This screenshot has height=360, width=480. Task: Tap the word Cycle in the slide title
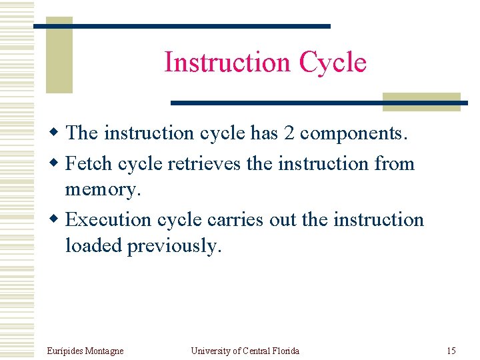pyautogui.click(x=333, y=62)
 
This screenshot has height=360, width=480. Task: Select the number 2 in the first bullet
pyautogui.click(x=289, y=133)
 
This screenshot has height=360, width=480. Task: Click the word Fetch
pyautogui.click(x=90, y=163)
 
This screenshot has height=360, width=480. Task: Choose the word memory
pyautogui.click(x=103, y=189)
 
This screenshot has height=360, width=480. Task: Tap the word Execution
pyautogui.click(x=109, y=219)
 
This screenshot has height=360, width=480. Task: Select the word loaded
pyautogui.click(x=94, y=245)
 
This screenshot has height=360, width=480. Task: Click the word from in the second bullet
pyautogui.click(x=395, y=163)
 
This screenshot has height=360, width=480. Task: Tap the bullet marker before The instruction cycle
pyautogui.click(x=57, y=133)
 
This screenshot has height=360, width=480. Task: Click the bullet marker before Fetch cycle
pyautogui.click(x=57, y=164)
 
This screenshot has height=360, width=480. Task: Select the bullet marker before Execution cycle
pyautogui.click(x=57, y=220)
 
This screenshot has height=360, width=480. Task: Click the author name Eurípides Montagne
pyautogui.click(x=85, y=351)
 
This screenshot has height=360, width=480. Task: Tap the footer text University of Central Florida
pyautogui.click(x=245, y=351)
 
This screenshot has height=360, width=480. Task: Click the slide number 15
pyautogui.click(x=451, y=351)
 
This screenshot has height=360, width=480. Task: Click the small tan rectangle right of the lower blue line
pyautogui.click(x=421, y=101)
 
